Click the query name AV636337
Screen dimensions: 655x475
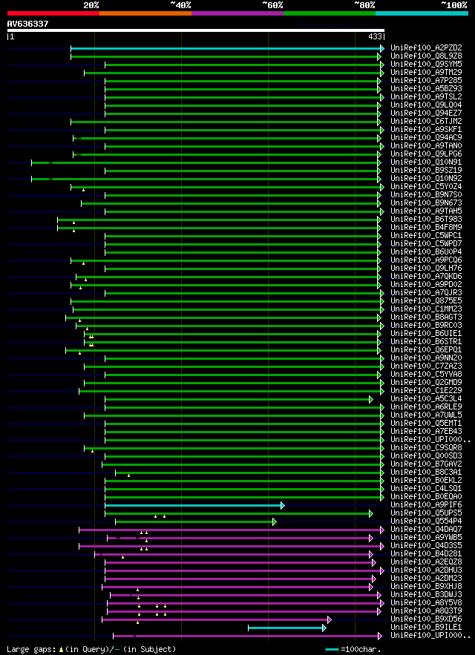pos(28,24)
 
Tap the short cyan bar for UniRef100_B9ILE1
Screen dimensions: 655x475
pos(286,628)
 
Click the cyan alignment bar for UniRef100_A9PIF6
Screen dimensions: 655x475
pos(193,505)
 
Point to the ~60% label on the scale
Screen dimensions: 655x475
pos(272,5)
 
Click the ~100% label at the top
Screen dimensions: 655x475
pos(453,5)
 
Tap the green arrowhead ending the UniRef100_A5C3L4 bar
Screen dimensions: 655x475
pos(371,399)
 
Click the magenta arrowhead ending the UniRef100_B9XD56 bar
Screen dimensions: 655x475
pos(329,619)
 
